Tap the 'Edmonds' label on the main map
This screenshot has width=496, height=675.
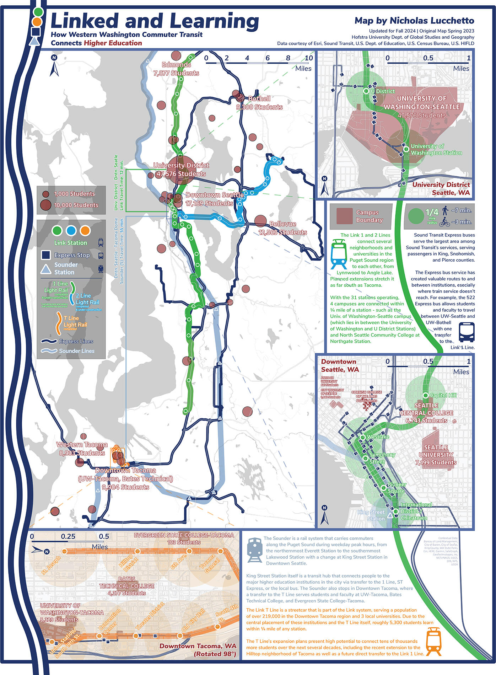coord(177,65)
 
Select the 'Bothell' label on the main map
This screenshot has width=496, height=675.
coord(259,98)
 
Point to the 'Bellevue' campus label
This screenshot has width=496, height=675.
coord(283,224)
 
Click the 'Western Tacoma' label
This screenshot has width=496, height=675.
coord(82,445)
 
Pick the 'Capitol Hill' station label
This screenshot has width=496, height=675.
coord(443,395)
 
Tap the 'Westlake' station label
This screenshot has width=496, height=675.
coord(378,437)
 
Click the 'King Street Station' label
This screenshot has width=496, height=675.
coord(371,515)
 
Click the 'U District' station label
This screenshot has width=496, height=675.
coord(383,91)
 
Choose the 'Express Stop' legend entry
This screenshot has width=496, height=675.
coord(72,255)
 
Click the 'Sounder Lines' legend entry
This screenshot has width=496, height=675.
coord(76,351)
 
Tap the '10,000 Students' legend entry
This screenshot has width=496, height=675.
coord(76,205)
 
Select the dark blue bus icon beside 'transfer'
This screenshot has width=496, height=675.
coord(467,332)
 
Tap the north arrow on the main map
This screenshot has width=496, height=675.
coord(54,66)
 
